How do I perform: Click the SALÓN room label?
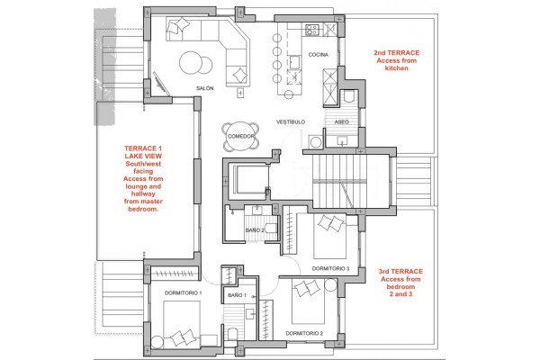point(205,88)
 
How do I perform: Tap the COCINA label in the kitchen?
point(319,54)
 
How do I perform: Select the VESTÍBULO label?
point(291,122)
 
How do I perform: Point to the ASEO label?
point(342,122)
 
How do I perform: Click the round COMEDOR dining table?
point(240,137)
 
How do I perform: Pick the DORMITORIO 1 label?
point(184,293)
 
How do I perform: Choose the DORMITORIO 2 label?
point(304,334)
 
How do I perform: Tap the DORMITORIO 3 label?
point(330,269)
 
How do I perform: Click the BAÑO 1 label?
point(238,295)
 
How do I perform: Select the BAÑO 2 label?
point(255,230)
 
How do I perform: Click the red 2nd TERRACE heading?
point(397,53)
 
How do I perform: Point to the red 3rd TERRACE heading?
point(400,272)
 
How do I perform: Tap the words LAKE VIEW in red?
point(143,156)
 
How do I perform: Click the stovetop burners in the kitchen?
point(312,30)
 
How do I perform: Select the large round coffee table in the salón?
point(191,62)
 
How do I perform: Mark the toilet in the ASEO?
point(349,95)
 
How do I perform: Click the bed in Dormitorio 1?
point(182,323)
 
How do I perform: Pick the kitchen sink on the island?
point(294,62)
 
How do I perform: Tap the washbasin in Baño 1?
point(250,314)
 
